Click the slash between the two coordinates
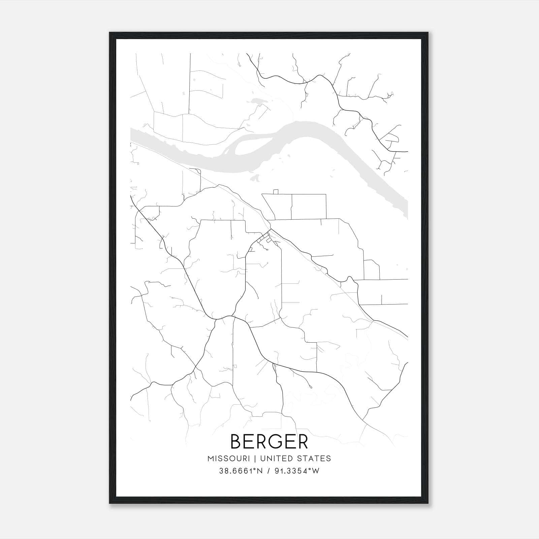pos(268,471)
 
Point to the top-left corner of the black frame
pos(110,33)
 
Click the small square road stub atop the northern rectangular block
pos(276,192)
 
